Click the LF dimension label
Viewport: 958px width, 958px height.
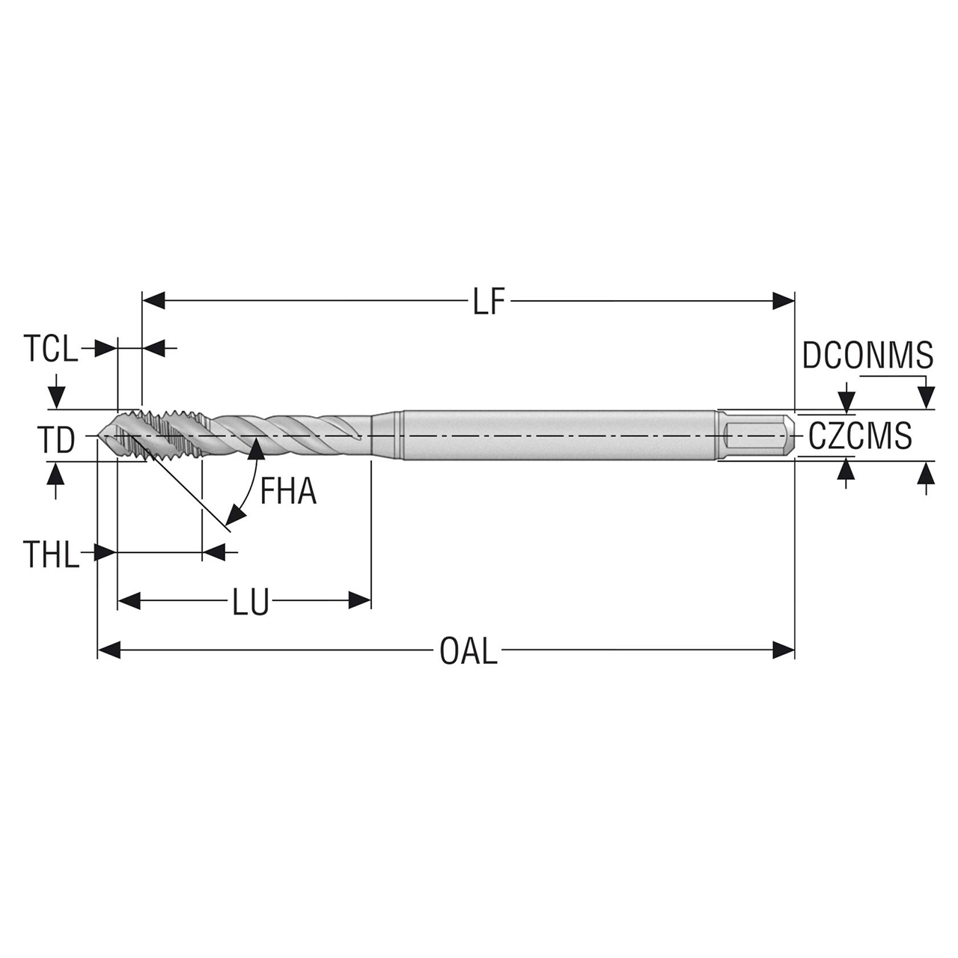(489, 302)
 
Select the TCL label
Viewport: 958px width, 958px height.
(50, 349)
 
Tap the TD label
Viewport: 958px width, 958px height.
(57, 440)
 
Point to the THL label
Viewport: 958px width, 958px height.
(50, 555)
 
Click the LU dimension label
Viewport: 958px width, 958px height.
(250, 602)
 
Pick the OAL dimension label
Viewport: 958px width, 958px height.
(468, 651)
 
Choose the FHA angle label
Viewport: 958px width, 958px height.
(288, 492)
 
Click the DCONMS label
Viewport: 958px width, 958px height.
(867, 355)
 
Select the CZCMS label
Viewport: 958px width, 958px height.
(860, 436)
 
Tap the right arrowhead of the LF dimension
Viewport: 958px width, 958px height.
(783, 301)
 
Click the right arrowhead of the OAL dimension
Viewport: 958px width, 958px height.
(783, 650)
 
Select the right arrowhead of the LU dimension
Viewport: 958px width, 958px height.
(360, 600)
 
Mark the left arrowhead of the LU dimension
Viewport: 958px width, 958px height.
(129, 600)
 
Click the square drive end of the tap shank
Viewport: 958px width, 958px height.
(757, 436)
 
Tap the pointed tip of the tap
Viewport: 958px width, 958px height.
(100, 436)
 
